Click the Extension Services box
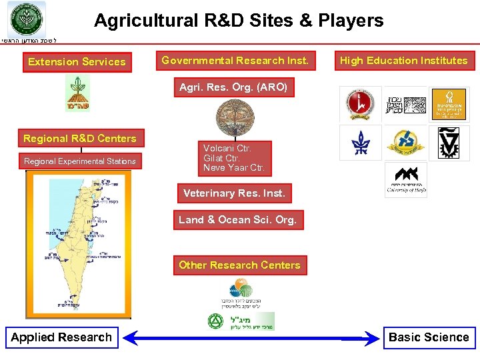(77, 62)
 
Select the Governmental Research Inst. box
(235, 61)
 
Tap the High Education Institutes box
(403, 61)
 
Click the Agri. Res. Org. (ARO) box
(233, 87)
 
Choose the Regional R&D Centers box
(80, 139)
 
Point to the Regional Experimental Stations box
(80, 161)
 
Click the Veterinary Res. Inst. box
(234, 193)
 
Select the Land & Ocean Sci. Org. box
(237, 220)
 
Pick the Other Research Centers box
(239, 265)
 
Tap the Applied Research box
(61, 337)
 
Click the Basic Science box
(429, 337)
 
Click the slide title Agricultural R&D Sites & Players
(239, 21)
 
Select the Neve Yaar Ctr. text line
(234, 168)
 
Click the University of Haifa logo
(405, 180)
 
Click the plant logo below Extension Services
(77, 93)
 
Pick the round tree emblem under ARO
(235, 115)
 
